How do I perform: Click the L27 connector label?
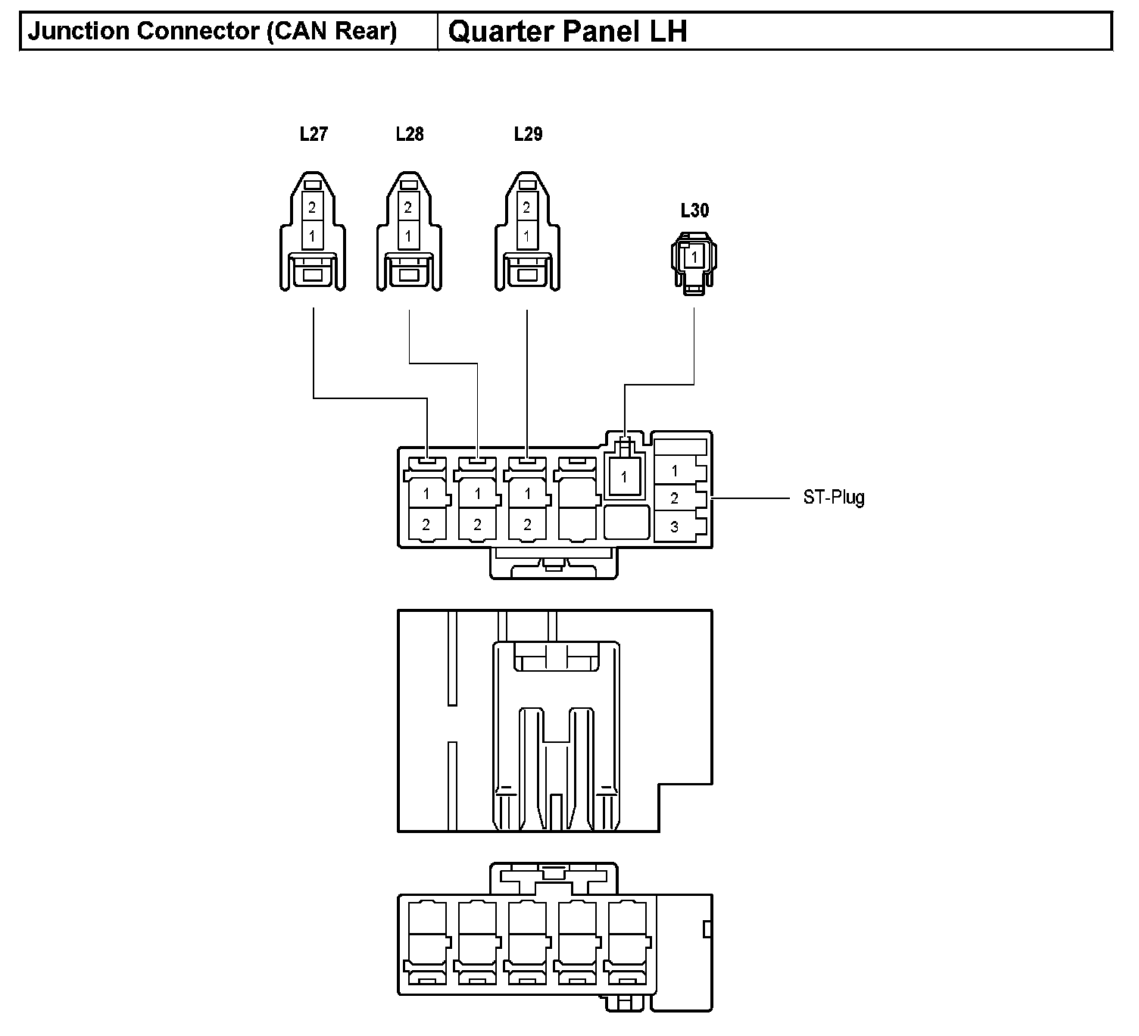[x=314, y=135]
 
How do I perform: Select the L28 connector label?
[x=410, y=135]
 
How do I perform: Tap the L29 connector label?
[x=528, y=135]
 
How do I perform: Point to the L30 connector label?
[x=694, y=211]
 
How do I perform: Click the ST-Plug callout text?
[x=834, y=498]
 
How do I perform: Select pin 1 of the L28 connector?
[x=408, y=236]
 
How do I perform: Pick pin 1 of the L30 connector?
[x=694, y=257]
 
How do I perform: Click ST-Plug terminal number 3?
[x=675, y=526]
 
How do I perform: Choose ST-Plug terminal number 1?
[x=675, y=471]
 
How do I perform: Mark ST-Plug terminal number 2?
[x=675, y=498]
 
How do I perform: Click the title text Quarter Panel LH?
[x=568, y=32]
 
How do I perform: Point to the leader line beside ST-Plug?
[x=750, y=498]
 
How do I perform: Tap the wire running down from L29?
[x=527, y=379]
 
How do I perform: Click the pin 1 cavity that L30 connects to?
[x=624, y=478]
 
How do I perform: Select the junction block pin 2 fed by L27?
[x=426, y=524]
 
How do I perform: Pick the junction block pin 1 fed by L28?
[x=477, y=494]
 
